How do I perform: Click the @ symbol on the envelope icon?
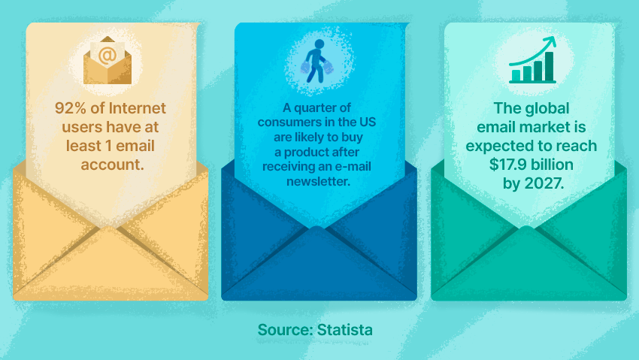(x=108, y=56)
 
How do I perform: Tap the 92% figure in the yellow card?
(x=71, y=108)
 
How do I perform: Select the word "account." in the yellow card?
(x=112, y=165)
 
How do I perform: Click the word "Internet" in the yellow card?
(x=138, y=108)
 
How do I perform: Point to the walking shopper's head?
(x=319, y=44)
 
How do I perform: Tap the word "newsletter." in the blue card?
(x=318, y=181)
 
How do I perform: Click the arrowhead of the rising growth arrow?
(x=551, y=41)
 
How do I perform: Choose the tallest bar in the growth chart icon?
(x=549, y=66)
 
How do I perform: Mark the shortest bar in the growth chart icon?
(x=516, y=75)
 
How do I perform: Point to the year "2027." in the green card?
(x=544, y=183)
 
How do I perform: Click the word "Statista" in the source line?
(x=345, y=330)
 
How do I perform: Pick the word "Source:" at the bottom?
(x=285, y=330)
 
